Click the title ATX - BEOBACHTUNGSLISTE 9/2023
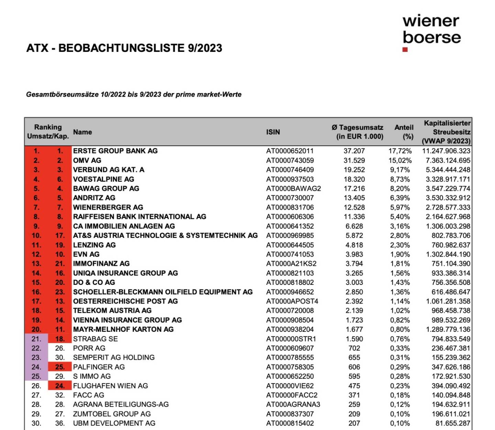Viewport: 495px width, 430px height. click(x=124, y=48)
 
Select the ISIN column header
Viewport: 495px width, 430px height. click(x=273, y=132)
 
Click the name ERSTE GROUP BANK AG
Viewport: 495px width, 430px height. click(x=115, y=151)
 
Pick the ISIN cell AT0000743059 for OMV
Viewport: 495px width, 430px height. click(x=290, y=160)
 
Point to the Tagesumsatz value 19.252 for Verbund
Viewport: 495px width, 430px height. click(x=354, y=170)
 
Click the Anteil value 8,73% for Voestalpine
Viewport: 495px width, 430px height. click(x=400, y=179)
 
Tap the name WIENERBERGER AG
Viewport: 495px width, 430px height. click(x=108, y=207)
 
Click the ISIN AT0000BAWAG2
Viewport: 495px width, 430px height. click(x=293, y=188)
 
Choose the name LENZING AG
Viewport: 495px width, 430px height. click(x=94, y=245)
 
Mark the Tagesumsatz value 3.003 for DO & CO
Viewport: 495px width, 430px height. click(x=354, y=282)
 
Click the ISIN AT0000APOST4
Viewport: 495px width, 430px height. click(x=292, y=301)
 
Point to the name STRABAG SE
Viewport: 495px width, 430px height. click(x=95, y=339)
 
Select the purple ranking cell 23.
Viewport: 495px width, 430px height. click(x=36, y=358)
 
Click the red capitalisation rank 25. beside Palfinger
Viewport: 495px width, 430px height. click(x=60, y=367)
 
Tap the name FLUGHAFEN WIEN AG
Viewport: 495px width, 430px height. click(x=110, y=386)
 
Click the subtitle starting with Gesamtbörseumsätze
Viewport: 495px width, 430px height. click(x=134, y=94)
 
